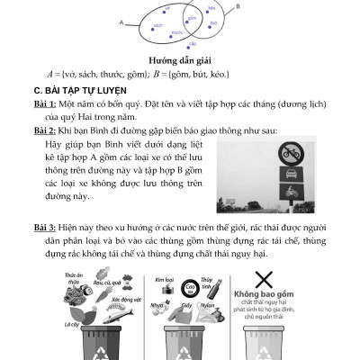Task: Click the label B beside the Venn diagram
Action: pos(237,7)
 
